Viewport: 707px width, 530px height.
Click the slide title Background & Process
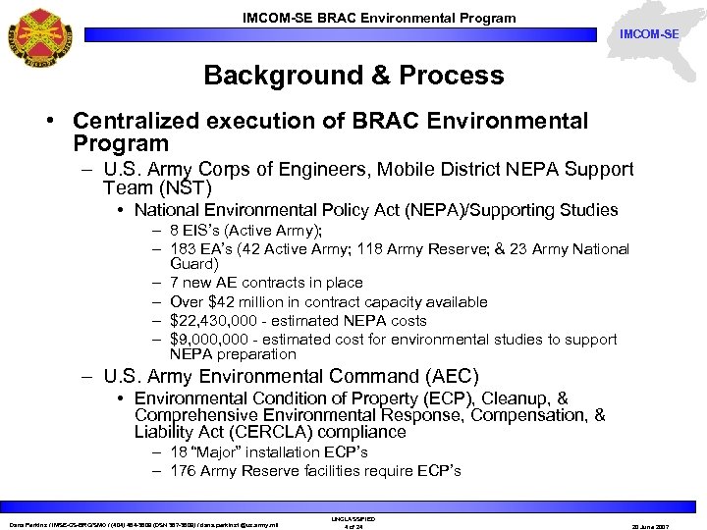click(x=353, y=76)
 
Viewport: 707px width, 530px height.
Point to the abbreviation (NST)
click(x=185, y=187)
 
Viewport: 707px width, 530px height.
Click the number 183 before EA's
click(x=183, y=249)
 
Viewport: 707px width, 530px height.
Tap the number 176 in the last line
click(x=183, y=471)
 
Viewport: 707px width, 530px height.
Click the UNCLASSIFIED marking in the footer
click(x=353, y=518)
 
